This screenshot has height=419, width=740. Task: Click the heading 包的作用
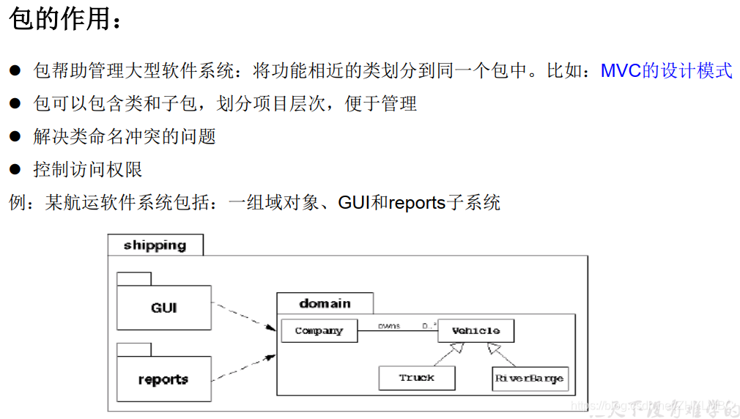click(60, 21)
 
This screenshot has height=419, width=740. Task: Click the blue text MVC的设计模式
click(666, 71)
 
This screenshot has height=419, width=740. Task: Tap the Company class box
click(319, 331)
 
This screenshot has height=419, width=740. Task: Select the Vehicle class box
click(476, 331)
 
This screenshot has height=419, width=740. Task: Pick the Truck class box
click(416, 378)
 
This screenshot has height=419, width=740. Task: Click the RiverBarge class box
click(530, 379)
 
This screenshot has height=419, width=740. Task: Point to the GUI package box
click(163, 308)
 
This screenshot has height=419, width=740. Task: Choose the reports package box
click(163, 379)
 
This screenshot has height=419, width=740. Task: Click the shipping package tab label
click(155, 245)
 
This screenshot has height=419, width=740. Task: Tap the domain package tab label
click(325, 303)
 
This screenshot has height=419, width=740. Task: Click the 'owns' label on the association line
click(388, 326)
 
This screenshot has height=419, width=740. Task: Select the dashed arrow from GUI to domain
click(243, 315)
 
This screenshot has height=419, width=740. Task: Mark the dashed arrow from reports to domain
click(243, 368)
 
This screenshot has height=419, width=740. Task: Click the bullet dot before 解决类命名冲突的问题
click(15, 136)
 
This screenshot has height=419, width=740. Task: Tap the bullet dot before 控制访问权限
click(15, 169)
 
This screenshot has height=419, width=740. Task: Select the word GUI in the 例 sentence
click(353, 203)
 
